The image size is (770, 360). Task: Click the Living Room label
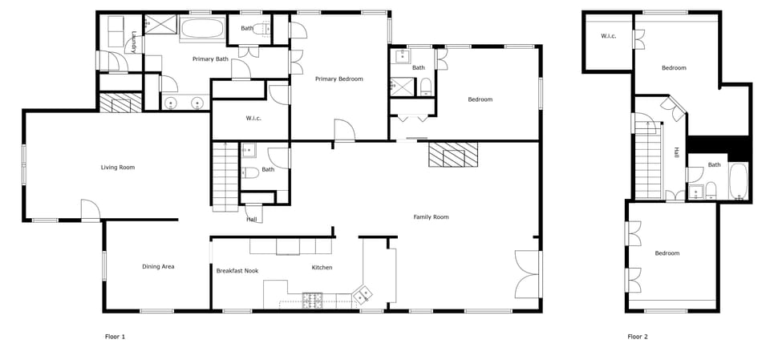pos(117,168)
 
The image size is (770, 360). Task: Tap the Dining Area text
pos(158,267)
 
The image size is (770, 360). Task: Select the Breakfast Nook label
pos(237,271)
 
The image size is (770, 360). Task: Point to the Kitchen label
pos(322,268)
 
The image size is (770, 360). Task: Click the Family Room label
pos(431,217)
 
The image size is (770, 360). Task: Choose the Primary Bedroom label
pos(338,79)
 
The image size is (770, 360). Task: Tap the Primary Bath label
pos(210,59)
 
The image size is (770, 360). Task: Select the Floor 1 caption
pos(115,337)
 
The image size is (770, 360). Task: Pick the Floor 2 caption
pos(637,337)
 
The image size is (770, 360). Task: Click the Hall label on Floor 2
pos(677,152)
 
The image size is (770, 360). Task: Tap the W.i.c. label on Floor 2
pos(608,36)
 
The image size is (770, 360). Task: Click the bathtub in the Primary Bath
pos(201,30)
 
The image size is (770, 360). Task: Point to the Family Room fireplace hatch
pos(452,154)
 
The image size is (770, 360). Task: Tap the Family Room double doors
pos(528,273)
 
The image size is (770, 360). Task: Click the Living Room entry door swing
pos(90,210)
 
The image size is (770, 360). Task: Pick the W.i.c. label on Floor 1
pos(253,119)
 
